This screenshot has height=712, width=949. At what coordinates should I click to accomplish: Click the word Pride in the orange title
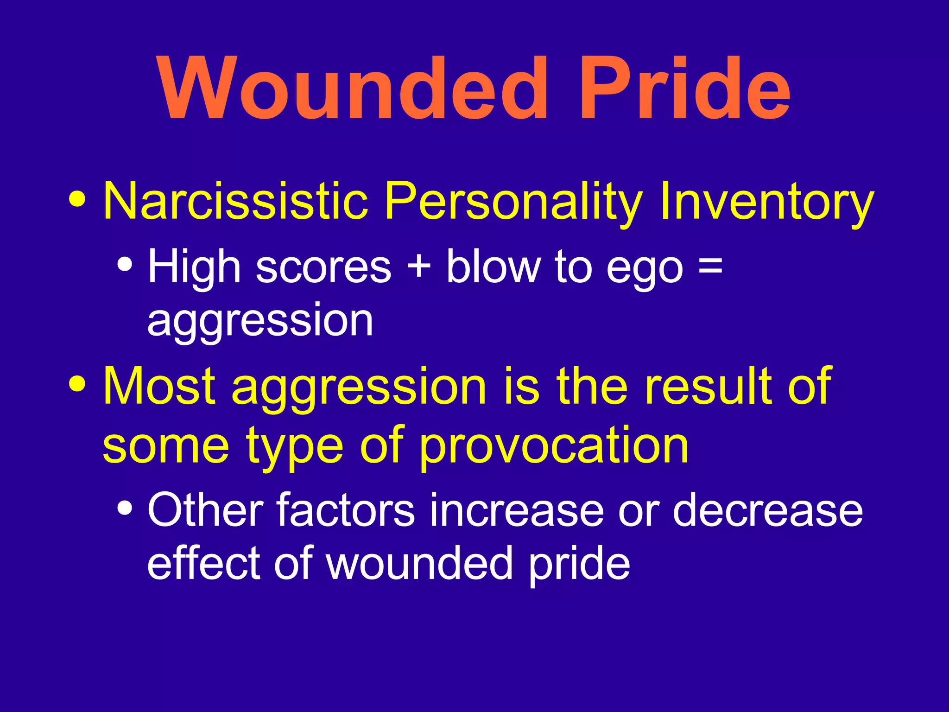[x=685, y=89]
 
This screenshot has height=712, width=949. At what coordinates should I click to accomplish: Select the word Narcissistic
[x=235, y=201]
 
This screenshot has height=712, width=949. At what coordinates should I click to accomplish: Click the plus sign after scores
[x=419, y=268]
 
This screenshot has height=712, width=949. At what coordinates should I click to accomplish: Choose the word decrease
[x=768, y=510]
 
